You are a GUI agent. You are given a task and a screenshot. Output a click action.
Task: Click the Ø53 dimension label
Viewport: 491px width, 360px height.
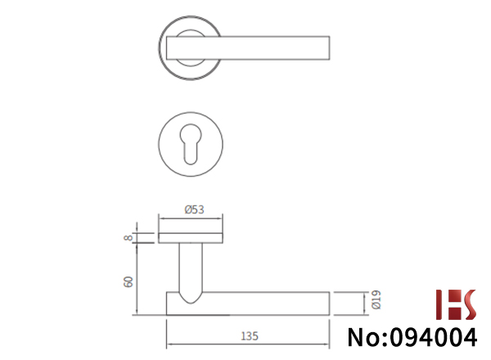pos(194,209)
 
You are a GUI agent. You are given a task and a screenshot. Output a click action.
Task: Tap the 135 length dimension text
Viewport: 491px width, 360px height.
pos(250,336)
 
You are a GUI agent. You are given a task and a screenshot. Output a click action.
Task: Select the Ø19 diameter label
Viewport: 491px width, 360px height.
pos(376,299)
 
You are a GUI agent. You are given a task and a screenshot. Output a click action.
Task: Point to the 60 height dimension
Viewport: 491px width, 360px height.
pos(128,281)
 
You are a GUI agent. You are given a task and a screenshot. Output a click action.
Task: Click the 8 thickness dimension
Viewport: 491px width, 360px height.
pos(128,238)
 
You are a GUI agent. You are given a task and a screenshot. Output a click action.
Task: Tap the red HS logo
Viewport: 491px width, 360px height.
pos(456,304)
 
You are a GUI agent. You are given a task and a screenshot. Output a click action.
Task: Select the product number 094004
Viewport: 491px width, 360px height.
pos(434,337)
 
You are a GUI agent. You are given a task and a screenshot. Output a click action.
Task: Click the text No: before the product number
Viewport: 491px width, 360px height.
pos(367,337)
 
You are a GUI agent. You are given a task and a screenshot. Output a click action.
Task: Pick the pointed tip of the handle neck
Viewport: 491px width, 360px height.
pos(191,303)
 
